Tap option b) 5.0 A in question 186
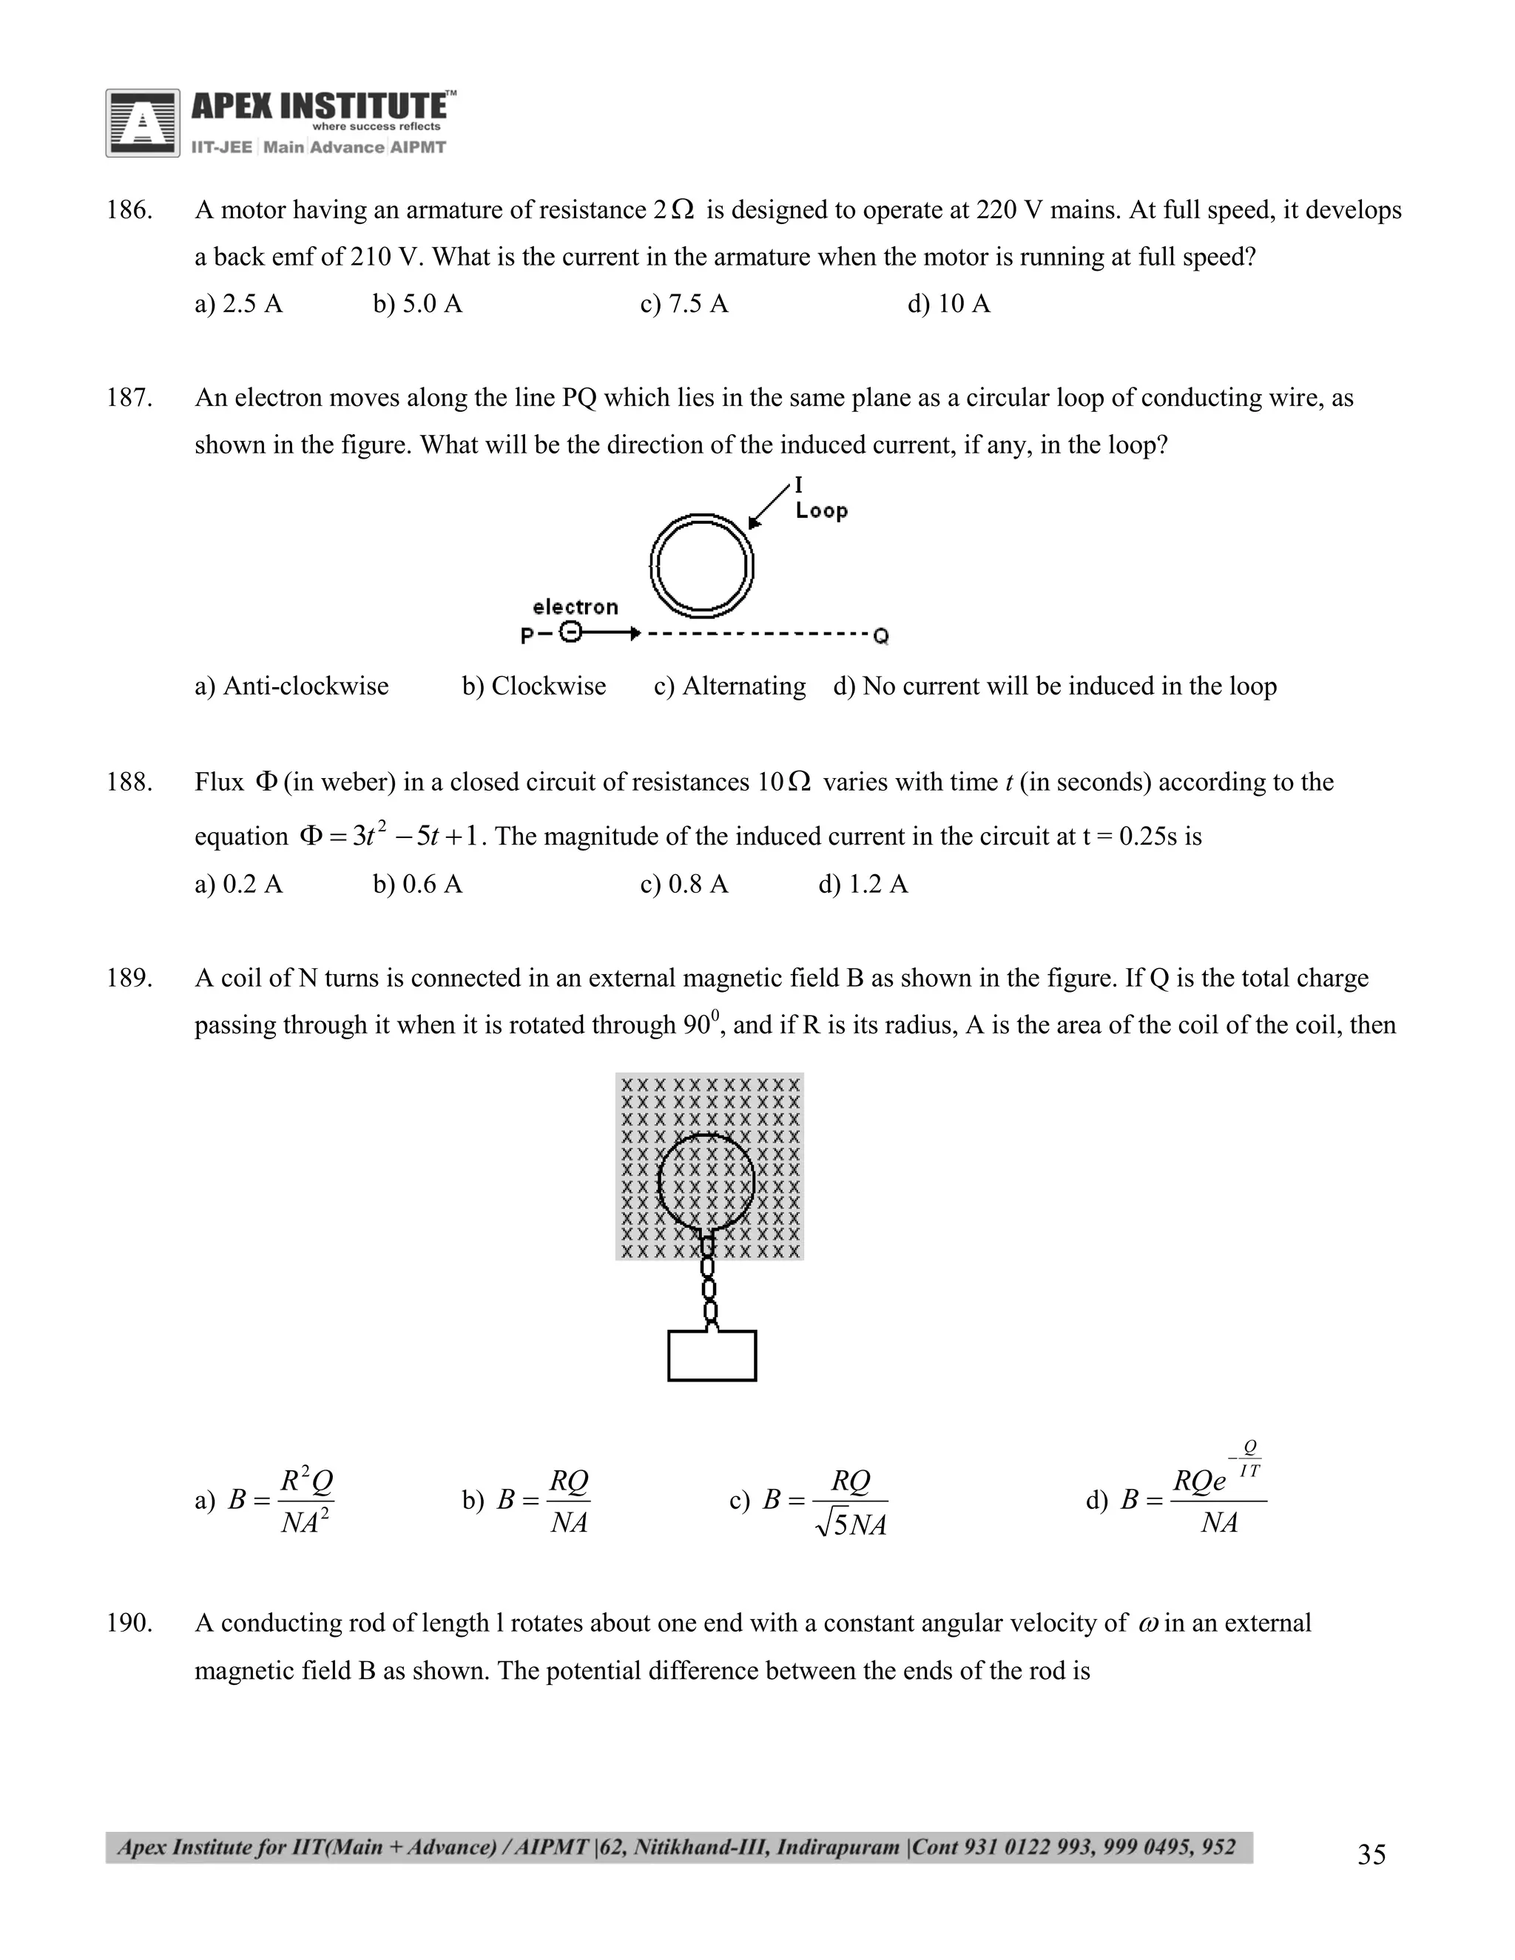coord(417,304)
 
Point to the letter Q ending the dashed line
coord(880,636)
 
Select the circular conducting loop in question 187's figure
coord(702,567)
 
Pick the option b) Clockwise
coord(534,686)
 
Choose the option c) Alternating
coord(729,686)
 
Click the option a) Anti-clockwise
coord(291,686)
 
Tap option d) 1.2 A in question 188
coord(863,885)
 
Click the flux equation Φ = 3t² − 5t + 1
coord(392,837)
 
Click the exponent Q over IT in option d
coord(1249,1460)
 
